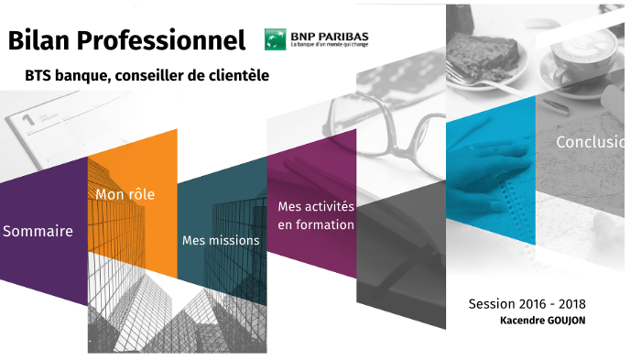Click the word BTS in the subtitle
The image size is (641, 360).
pos(39,76)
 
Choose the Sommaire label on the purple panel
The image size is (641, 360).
pos(38,232)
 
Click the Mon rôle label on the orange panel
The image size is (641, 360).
pos(125,194)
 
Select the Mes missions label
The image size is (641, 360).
pos(220,241)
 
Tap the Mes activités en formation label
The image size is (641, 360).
pos(316,216)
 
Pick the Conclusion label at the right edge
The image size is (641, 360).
pos(591,143)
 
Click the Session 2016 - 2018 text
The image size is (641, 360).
pos(527,304)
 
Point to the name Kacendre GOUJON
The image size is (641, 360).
pos(543,321)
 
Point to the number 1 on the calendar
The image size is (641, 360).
pos(27,119)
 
